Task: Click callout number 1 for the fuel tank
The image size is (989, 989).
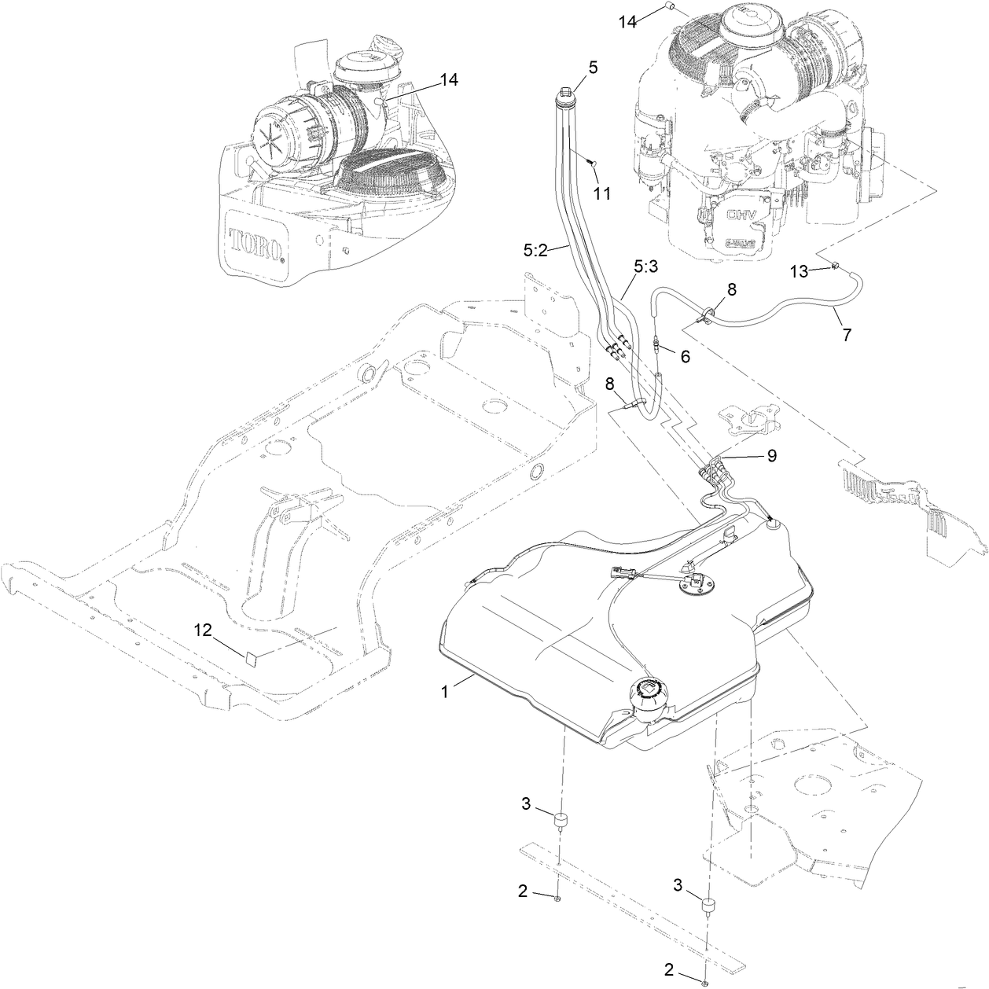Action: click(x=444, y=692)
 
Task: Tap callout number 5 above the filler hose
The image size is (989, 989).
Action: click(x=593, y=68)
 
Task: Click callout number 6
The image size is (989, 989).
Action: click(x=685, y=356)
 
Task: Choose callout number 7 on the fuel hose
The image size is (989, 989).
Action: click(x=846, y=334)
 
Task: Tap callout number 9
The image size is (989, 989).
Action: click(x=772, y=455)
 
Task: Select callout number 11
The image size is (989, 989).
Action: click(x=601, y=193)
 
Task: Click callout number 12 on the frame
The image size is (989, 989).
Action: click(x=204, y=630)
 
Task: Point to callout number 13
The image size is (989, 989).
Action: click(x=799, y=271)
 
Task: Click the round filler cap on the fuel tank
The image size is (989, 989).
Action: click(x=649, y=693)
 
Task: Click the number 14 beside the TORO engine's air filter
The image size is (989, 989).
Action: click(x=448, y=79)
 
